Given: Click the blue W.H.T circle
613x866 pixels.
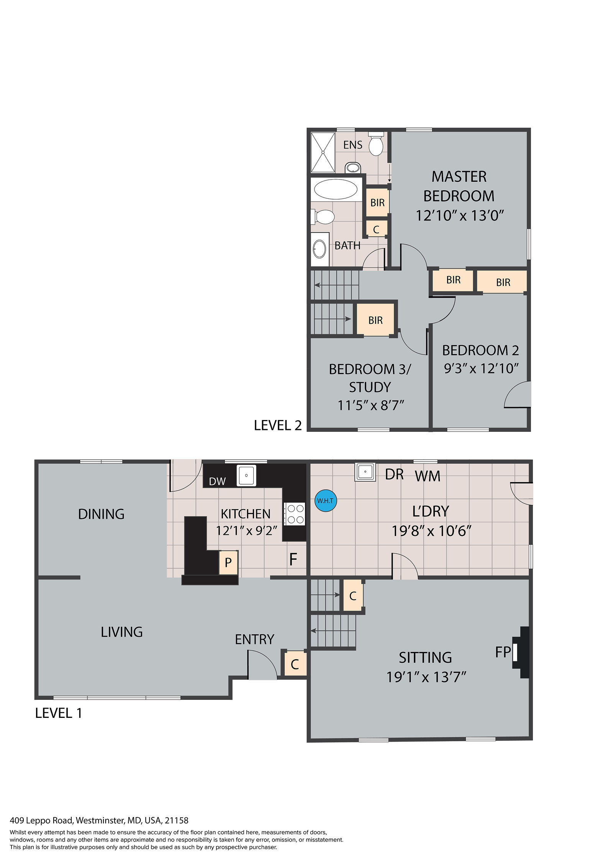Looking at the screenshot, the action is click(x=326, y=500).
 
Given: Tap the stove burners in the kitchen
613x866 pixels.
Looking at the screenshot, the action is click(x=294, y=514).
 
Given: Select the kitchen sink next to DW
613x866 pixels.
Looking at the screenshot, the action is click(x=246, y=475).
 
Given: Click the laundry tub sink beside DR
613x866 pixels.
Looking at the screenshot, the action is click(x=365, y=472).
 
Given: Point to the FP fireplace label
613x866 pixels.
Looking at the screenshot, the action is click(x=503, y=652).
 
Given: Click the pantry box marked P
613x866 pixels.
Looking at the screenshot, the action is click(x=228, y=562).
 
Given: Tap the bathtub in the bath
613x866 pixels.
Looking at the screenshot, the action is click(x=336, y=189).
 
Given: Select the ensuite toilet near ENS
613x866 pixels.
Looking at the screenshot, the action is click(x=376, y=144).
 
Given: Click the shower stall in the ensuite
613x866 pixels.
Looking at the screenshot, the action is click(x=323, y=152).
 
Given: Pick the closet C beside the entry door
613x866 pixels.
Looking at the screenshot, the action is click(x=295, y=664).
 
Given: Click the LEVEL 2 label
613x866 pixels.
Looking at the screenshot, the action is click(x=278, y=425).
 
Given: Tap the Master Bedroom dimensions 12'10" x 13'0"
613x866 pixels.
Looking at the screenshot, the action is click(x=459, y=216).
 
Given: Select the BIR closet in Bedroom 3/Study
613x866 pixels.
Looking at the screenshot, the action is click(x=375, y=320).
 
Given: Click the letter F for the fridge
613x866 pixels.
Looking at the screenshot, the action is click(x=293, y=559).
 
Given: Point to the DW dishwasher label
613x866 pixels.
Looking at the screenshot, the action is click(x=217, y=481).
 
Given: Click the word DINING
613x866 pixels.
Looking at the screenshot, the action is click(x=101, y=514).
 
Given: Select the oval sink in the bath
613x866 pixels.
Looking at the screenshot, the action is click(x=320, y=250).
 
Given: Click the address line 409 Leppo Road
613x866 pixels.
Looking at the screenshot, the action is click(x=99, y=820).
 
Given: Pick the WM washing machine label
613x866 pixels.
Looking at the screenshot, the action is click(x=428, y=476).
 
